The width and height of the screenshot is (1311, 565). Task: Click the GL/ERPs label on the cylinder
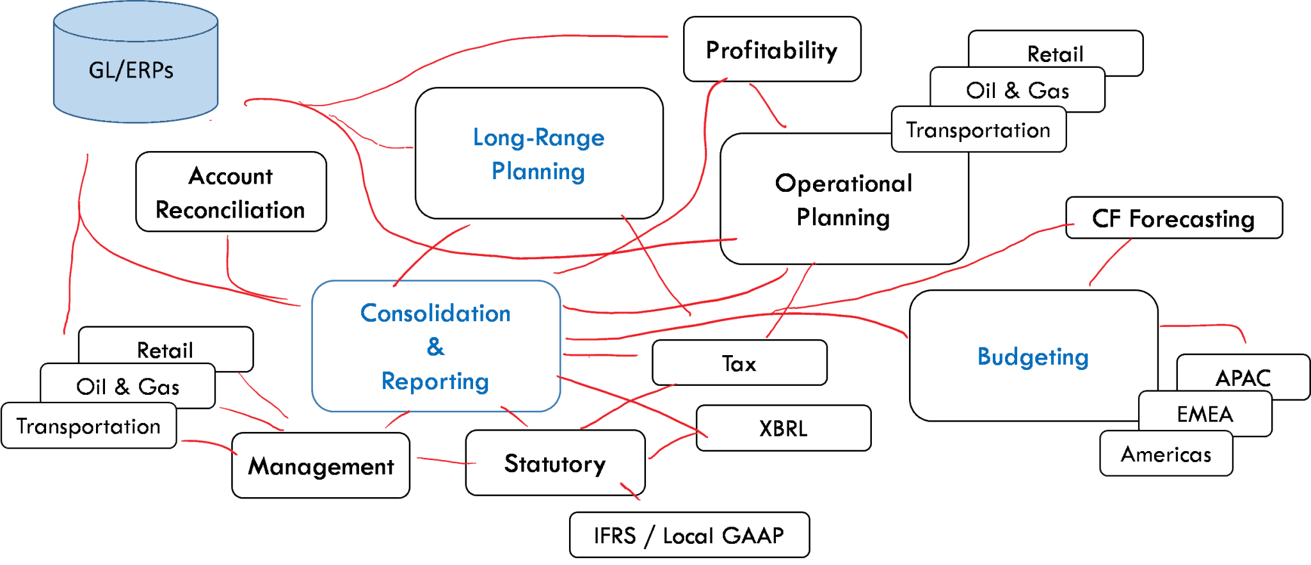coord(131,70)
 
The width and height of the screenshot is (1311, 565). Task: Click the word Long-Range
coord(538,138)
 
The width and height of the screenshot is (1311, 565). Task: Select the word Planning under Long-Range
coord(538,171)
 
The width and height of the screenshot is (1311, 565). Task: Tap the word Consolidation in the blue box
coord(435,313)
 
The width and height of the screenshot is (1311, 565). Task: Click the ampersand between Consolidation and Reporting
coord(435,347)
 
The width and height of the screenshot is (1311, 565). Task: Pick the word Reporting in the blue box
coord(435,381)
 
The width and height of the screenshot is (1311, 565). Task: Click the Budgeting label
coord(1033,356)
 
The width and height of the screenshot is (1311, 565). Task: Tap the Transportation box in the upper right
coord(978,130)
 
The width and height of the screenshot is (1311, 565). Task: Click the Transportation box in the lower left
coord(88,426)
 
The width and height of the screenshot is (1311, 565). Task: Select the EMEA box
coord(1205,413)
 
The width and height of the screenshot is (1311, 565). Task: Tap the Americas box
coord(1166,454)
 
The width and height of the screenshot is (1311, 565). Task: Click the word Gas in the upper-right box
coord(1049,90)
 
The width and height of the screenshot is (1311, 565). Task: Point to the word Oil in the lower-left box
coord(91,386)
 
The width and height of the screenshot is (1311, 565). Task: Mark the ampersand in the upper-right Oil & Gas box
coord(1011,90)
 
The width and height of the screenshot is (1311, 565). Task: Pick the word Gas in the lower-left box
coord(159,386)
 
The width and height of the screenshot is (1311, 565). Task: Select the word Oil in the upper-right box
coord(981,90)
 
